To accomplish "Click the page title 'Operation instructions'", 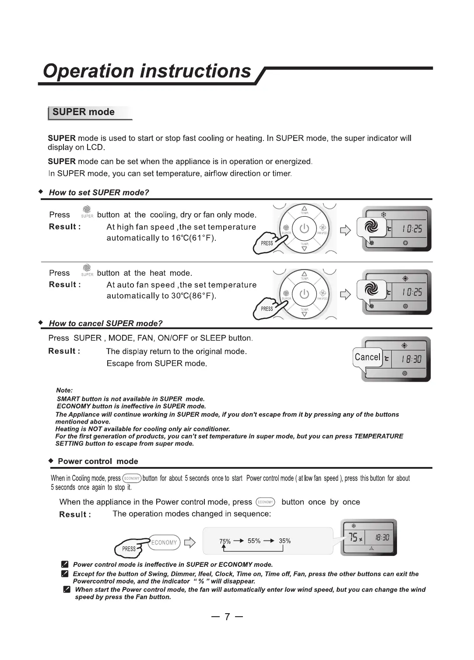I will (x=147, y=71).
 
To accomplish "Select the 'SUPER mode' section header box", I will (x=90, y=112).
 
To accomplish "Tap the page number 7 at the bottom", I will (x=227, y=617).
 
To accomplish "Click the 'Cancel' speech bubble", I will (x=367, y=357).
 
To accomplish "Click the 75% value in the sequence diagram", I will (x=225, y=541).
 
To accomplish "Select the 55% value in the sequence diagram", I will (x=254, y=541).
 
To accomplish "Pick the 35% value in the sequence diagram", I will (x=284, y=541).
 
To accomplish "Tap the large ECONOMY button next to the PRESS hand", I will (x=164, y=542).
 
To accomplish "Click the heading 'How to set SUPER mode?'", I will (x=99, y=193).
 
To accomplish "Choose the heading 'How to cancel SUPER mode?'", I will (x=105, y=323).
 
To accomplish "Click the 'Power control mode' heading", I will (x=98, y=461).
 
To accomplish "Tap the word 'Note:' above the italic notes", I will (x=64, y=390).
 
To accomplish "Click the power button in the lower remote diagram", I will (x=304, y=294).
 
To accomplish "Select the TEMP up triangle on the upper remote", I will (x=305, y=208).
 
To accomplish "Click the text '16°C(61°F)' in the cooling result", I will (x=193, y=238).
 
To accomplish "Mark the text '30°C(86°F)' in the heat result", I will (x=193, y=296).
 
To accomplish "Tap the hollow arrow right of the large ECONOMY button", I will (x=190, y=543).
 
